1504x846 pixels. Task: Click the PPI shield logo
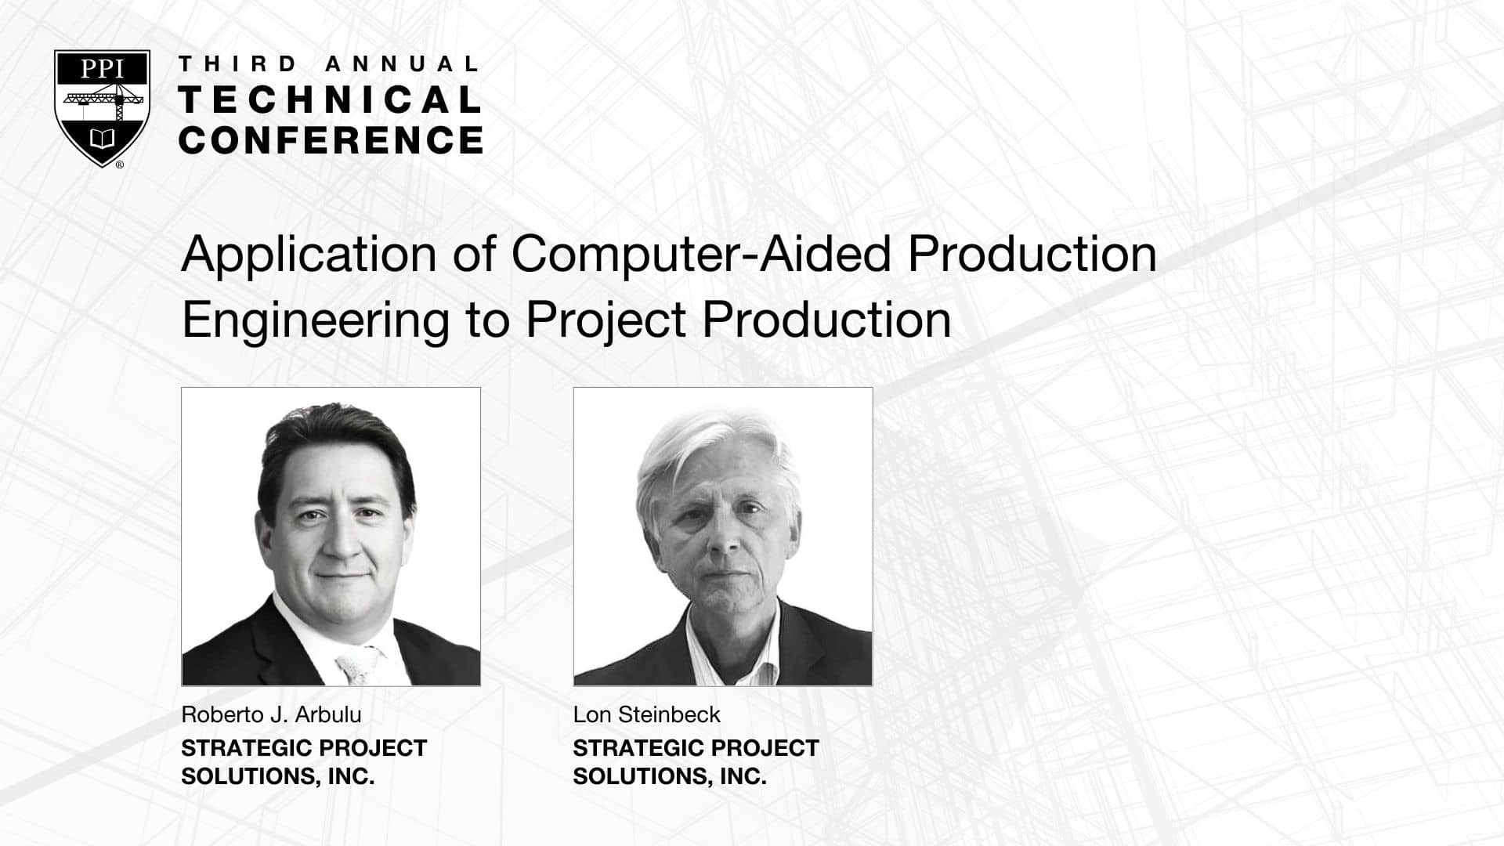[102, 108]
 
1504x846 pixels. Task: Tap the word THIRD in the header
[238, 63]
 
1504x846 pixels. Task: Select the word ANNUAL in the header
[402, 63]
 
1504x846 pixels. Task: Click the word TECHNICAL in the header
[330, 99]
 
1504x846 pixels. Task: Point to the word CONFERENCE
[331, 139]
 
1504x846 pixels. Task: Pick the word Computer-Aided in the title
[702, 254]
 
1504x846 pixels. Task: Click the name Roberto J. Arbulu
[271, 714]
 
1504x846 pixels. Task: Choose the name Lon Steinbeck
[646, 714]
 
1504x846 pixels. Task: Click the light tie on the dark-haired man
[357, 665]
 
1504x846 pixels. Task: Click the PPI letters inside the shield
[102, 69]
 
